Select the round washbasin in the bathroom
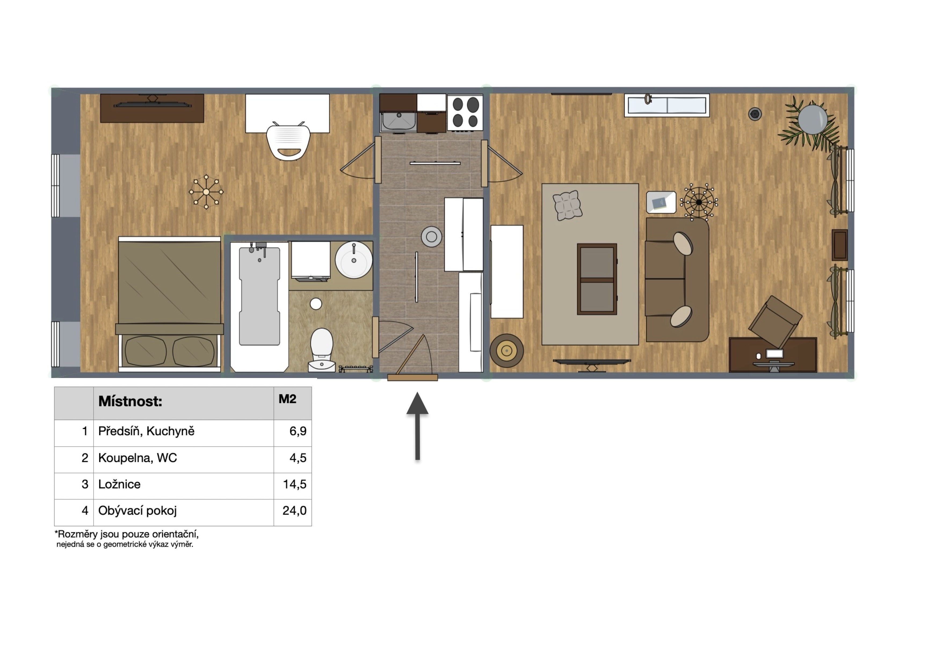coord(354,260)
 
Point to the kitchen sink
coord(398,121)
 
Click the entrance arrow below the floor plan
coord(417,426)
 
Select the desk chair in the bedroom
coord(288,141)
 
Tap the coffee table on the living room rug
coord(597,279)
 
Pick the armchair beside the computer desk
coord(775,322)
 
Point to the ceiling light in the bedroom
coord(206,192)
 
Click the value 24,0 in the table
coord(294,510)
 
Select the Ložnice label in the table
coord(119,484)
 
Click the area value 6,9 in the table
coord(298,431)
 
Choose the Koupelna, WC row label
coord(137,458)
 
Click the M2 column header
coord(287,399)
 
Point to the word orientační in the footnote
coord(175,534)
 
